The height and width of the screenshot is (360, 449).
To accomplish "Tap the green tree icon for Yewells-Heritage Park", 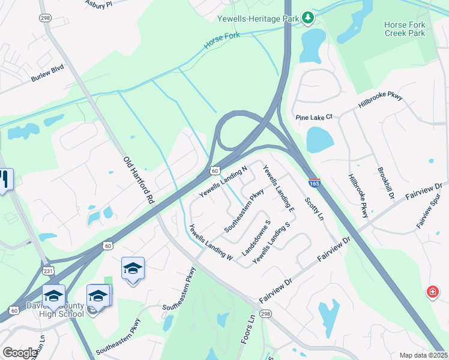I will pyautogui.click(x=308, y=18).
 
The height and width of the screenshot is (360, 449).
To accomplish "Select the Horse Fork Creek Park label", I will pyautogui.click(x=405, y=29).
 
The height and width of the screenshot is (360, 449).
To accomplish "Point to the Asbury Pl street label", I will pyautogui.click(x=98, y=4).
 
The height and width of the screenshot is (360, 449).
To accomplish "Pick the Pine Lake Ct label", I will pyautogui.click(x=313, y=117).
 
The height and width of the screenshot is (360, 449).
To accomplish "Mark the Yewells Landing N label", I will pyautogui.click(x=223, y=182).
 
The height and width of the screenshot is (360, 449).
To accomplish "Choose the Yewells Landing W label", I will pyautogui.click(x=210, y=242).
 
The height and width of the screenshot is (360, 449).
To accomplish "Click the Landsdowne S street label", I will pyautogui.click(x=256, y=239).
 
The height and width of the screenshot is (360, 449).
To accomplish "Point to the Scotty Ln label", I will pyautogui.click(x=313, y=208).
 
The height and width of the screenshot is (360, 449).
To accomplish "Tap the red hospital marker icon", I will pyautogui.click(x=432, y=292).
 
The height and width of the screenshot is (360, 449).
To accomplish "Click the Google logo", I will pyautogui.click(x=20, y=353).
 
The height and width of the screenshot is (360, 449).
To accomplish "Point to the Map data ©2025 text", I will pyautogui.click(x=424, y=355).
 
